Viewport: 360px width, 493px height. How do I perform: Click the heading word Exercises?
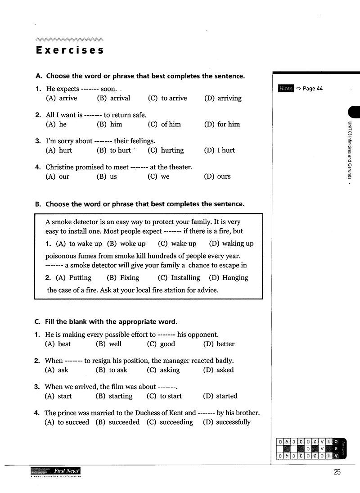tap(70, 50)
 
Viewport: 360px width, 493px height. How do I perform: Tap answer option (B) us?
tap(107, 176)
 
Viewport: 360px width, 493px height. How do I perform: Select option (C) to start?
tap(164, 396)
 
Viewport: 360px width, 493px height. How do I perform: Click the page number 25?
tap(337, 472)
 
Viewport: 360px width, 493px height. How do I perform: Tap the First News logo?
tap(56, 472)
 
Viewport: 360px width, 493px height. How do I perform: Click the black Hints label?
tap(285, 89)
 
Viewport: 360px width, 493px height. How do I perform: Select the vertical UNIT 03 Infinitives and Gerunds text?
tap(349, 150)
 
